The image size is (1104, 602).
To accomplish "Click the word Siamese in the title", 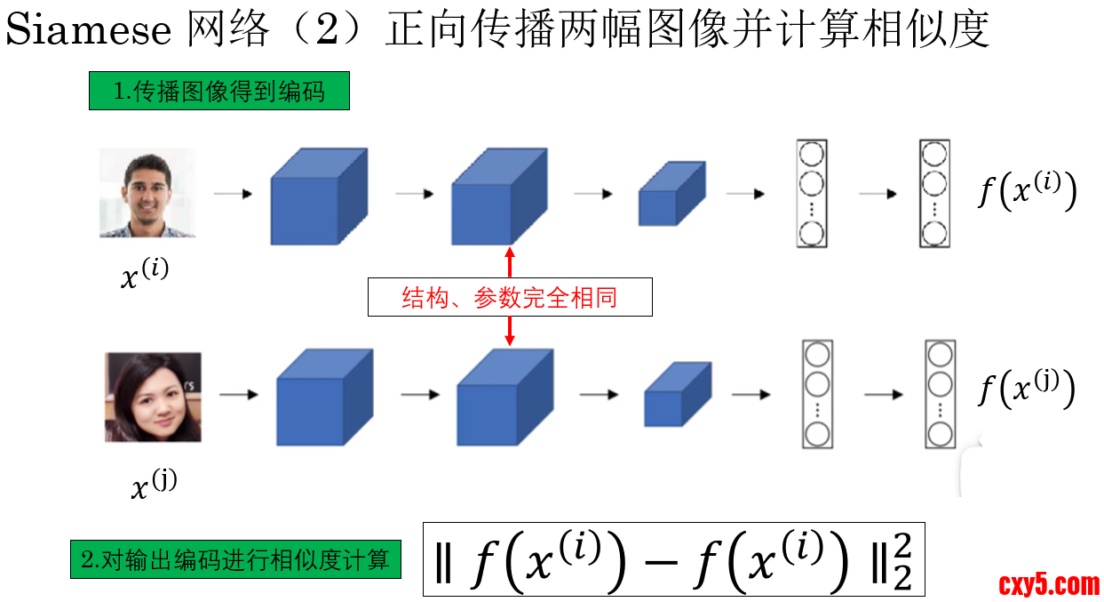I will [x=89, y=30].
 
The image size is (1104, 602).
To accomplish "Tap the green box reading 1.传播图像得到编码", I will [x=218, y=91].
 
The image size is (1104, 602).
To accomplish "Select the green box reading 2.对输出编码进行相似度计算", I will [x=235, y=559].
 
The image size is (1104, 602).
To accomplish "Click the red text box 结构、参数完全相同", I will [x=510, y=298].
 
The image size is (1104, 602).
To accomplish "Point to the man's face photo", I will [x=147, y=193].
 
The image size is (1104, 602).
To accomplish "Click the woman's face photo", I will [x=153, y=397].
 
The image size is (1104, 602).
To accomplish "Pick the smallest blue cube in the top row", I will [x=671, y=193].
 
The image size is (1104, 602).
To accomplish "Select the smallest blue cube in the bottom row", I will [x=677, y=394].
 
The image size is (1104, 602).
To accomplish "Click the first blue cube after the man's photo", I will [x=318, y=197].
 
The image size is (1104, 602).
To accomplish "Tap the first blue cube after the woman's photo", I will [x=323, y=397].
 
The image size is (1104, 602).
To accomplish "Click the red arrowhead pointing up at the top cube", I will [x=510, y=253].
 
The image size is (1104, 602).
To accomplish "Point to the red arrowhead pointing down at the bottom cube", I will [x=510, y=340].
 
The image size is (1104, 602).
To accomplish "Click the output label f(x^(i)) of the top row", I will [x=1027, y=191].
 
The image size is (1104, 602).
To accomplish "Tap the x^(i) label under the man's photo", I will [x=144, y=273].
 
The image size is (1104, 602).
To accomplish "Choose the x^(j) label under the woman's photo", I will [x=154, y=485].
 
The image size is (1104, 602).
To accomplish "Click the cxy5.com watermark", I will [x=1049, y=584].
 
